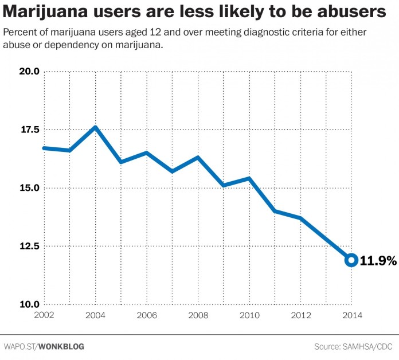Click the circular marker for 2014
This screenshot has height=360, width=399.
(x=351, y=260)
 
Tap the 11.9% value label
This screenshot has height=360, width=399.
(x=378, y=260)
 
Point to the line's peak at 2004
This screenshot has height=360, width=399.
(x=95, y=127)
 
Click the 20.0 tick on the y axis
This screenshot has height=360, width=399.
(x=29, y=72)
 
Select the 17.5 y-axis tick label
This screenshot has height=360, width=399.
(x=29, y=130)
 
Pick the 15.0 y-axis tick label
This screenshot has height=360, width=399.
(x=29, y=188)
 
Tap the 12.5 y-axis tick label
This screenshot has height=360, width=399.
(x=29, y=246)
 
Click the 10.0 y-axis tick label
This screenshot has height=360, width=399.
(x=29, y=304)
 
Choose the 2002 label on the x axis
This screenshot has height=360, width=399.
(x=44, y=315)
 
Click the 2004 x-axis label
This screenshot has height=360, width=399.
(x=95, y=315)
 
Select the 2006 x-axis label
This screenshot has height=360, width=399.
(x=147, y=315)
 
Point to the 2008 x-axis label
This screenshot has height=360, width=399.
(x=198, y=315)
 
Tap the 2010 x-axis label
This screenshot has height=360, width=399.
(x=249, y=315)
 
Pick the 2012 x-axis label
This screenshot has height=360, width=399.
(x=300, y=315)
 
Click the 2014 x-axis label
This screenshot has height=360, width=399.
(x=351, y=315)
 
